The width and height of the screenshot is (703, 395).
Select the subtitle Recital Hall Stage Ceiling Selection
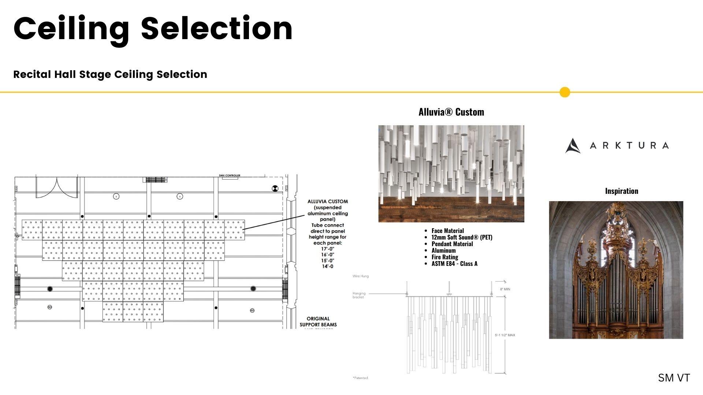click(x=110, y=74)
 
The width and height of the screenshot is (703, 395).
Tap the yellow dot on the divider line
click(x=565, y=92)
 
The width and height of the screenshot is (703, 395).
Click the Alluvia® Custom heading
click(x=451, y=112)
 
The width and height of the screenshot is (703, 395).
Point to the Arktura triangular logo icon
click(x=572, y=146)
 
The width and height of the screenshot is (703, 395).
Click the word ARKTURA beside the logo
click(x=629, y=146)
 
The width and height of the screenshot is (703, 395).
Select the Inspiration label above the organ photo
click(x=621, y=191)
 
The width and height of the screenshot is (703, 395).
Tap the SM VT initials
click(x=674, y=378)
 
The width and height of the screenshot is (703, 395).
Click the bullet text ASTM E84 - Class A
click(x=454, y=264)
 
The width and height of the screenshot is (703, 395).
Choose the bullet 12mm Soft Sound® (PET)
click(x=462, y=237)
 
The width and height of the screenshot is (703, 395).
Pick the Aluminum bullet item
click(x=443, y=251)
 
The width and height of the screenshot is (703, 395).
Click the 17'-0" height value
click(x=328, y=249)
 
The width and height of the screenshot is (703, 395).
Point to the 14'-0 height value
click(x=328, y=266)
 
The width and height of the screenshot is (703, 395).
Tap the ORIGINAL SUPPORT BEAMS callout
click(x=318, y=321)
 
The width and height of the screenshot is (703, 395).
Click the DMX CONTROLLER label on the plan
click(x=230, y=176)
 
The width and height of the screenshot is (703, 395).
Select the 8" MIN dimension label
click(x=505, y=289)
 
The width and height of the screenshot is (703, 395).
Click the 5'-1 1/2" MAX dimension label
click(x=505, y=335)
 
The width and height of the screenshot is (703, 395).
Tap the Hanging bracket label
click(x=359, y=295)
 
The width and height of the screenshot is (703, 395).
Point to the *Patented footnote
click(x=360, y=378)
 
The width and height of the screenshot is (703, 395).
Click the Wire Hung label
click(x=361, y=276)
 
